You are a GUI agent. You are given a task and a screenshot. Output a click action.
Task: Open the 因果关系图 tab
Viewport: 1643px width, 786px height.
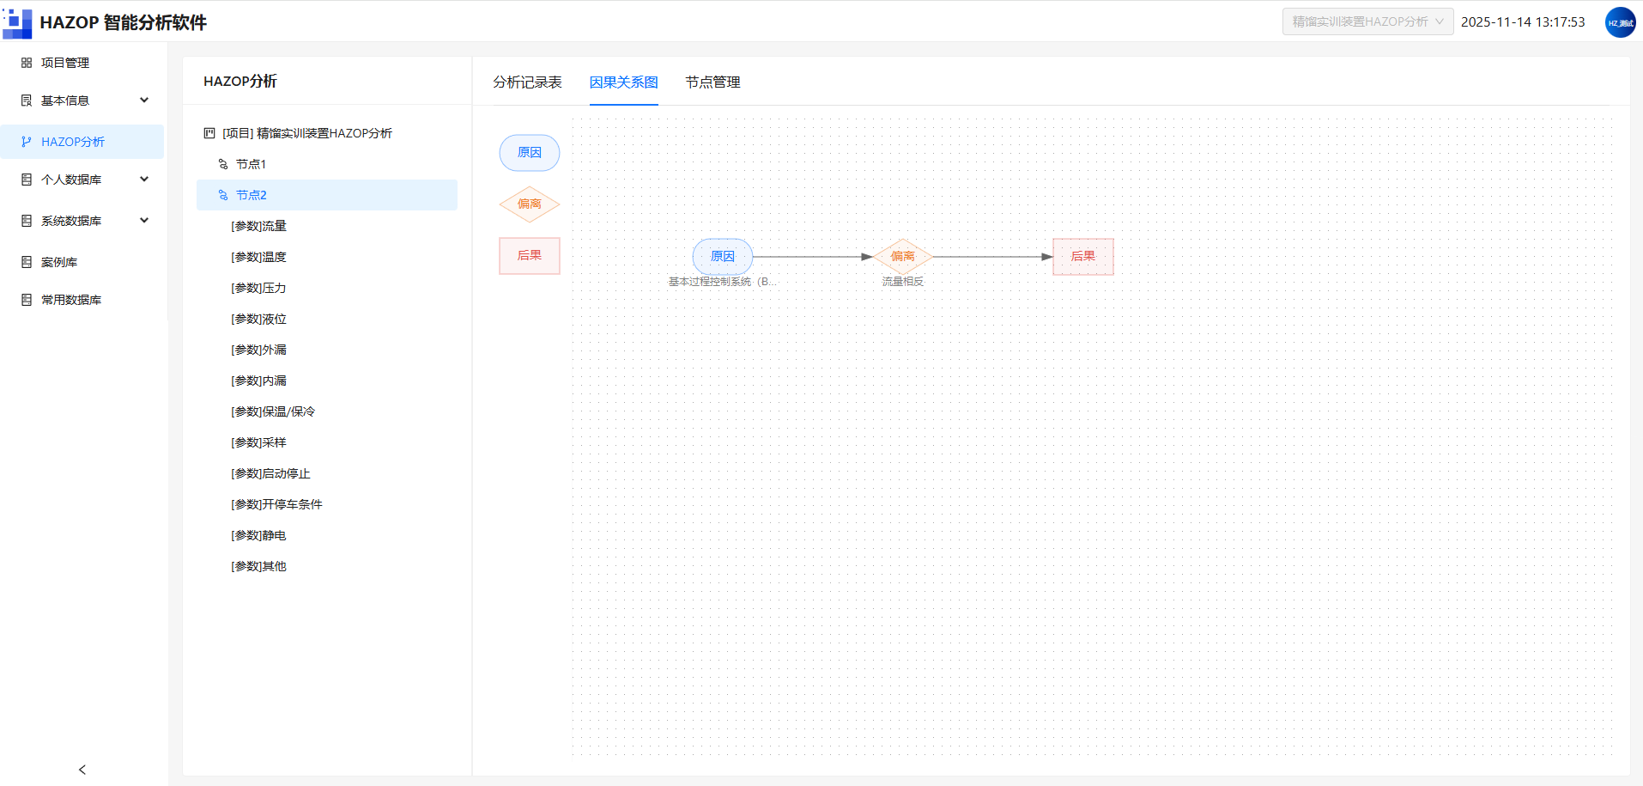(623, 82)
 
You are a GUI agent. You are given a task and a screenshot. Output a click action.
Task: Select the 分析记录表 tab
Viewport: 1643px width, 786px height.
(527, 82)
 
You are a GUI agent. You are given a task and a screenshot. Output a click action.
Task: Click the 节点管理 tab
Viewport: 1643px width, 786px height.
(712, 82)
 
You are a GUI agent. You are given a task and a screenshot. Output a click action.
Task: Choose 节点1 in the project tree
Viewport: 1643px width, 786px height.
(251, 164)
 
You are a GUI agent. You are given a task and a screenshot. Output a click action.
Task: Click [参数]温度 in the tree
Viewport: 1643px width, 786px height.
(258, 257)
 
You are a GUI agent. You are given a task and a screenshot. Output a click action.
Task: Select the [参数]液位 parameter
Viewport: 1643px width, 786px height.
(258, 319)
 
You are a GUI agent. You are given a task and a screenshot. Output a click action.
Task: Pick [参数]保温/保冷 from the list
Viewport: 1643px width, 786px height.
(273, 411)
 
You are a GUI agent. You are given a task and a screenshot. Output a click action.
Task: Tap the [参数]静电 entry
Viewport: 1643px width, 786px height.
(258, 535)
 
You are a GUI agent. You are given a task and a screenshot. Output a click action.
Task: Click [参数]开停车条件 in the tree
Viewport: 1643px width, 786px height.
(276, 504)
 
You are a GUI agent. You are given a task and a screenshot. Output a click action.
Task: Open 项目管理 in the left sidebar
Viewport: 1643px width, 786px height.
(65, 63)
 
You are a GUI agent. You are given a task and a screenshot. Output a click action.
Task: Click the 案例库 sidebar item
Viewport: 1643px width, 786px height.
(59, 262)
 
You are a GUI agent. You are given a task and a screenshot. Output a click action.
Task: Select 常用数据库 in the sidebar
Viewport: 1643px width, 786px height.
(71, 300)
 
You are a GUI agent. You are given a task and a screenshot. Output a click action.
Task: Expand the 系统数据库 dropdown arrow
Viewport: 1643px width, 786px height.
(144, 220)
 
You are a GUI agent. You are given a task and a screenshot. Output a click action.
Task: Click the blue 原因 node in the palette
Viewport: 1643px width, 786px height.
(530, 153)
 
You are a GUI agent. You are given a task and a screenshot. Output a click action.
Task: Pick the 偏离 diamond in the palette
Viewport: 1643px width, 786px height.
(530, 204)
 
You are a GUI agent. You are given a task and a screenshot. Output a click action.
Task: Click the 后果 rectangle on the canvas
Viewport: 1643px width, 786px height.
(1083, 257)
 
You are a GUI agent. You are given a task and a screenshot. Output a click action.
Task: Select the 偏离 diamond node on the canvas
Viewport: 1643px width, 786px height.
(903, 257)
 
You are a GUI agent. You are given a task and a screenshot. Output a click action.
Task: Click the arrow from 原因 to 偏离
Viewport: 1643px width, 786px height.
(813, 257)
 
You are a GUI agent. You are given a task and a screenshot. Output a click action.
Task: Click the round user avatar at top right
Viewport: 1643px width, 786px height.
(1620, 22)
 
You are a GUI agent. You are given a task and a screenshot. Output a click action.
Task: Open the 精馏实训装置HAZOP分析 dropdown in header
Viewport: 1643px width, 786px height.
(1368, 21)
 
